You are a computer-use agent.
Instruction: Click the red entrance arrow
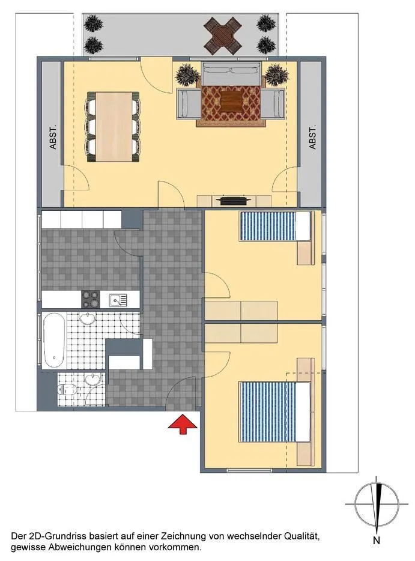click(x=183, y=424)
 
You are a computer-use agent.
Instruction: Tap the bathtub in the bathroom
click(x=54, y=340)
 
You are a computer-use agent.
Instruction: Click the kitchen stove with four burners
click(x=91, y=299)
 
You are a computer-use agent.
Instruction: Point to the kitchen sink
click(x=118, y=300)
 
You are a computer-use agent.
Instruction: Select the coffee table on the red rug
click(x=231, y=102)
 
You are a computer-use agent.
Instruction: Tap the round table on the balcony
click(x=223, y=35)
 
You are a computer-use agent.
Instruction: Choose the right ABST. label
click(x=312, y=137)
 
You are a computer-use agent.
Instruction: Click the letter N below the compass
click(x=377, y=541)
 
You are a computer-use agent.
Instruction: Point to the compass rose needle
click(x=377, y=505)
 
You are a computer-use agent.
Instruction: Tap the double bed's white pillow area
click(x=303, y=412)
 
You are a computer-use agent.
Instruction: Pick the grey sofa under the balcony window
click(x=231, y=73)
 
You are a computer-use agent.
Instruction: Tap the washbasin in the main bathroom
click(x=87, y=318)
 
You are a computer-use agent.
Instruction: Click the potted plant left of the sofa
click(x=187, y=74)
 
